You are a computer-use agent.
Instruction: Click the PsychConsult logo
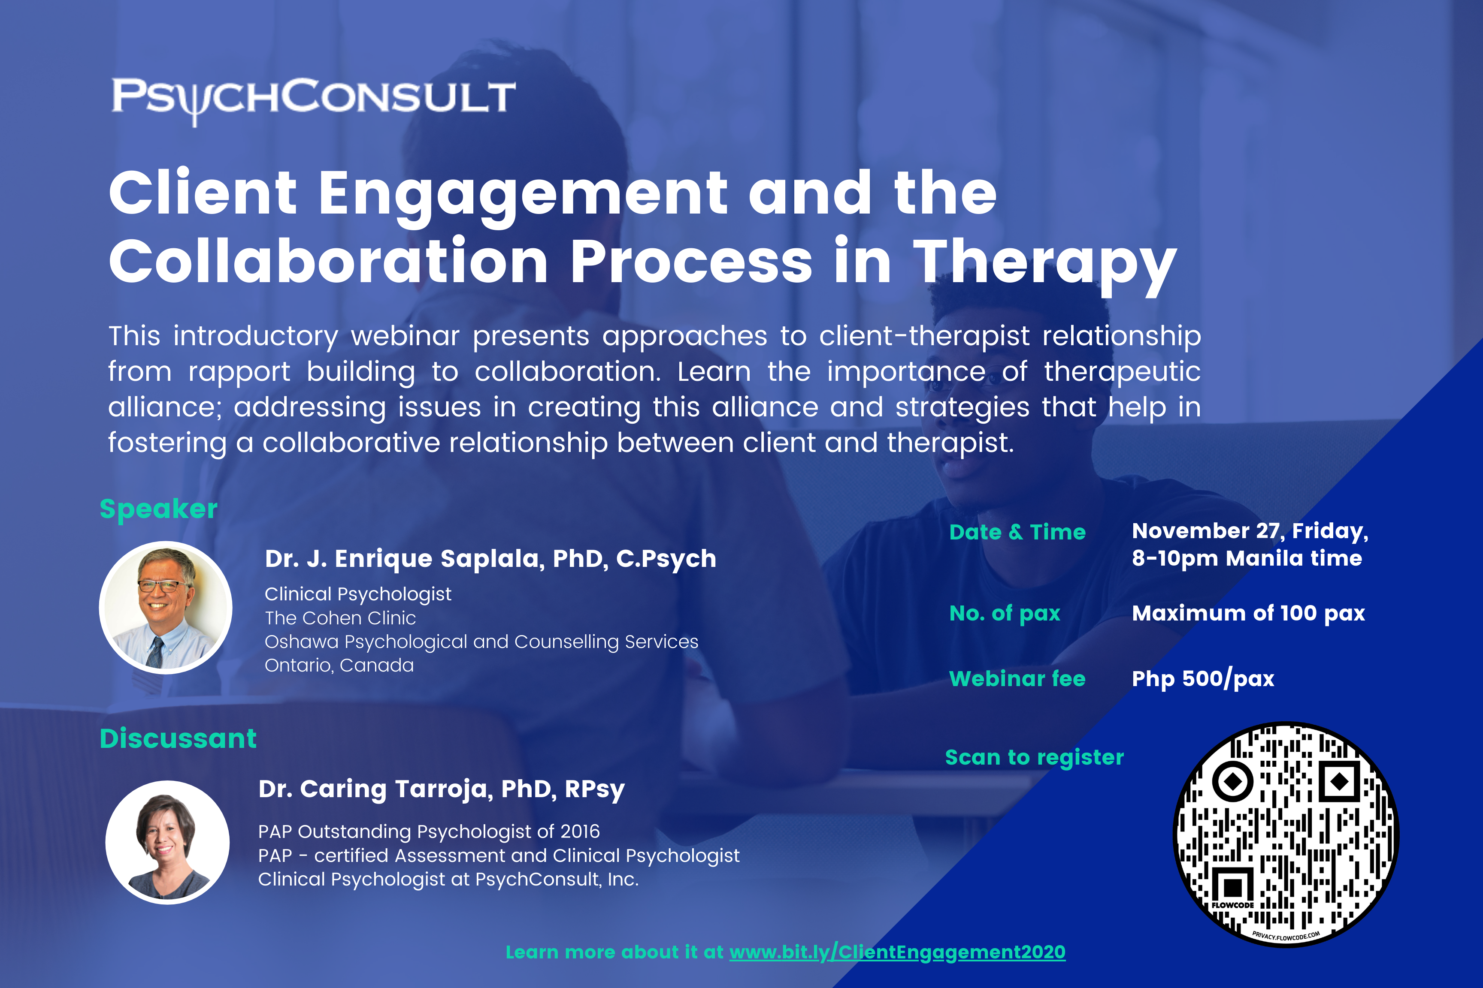(313, 101)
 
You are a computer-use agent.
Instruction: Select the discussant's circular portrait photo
(167, 843)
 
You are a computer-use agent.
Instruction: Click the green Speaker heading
(158, 509)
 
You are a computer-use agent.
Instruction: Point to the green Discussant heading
(178, 738)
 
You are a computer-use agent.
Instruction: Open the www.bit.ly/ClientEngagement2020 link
(897, 952)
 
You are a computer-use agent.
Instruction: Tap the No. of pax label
(1005, 614)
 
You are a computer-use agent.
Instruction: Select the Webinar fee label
(1017, 679)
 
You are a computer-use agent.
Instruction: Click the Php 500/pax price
(1203, 679)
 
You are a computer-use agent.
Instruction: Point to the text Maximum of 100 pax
(1248, 614)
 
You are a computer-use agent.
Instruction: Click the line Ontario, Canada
(339, 666)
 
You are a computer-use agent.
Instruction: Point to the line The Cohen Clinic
(340, 618)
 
